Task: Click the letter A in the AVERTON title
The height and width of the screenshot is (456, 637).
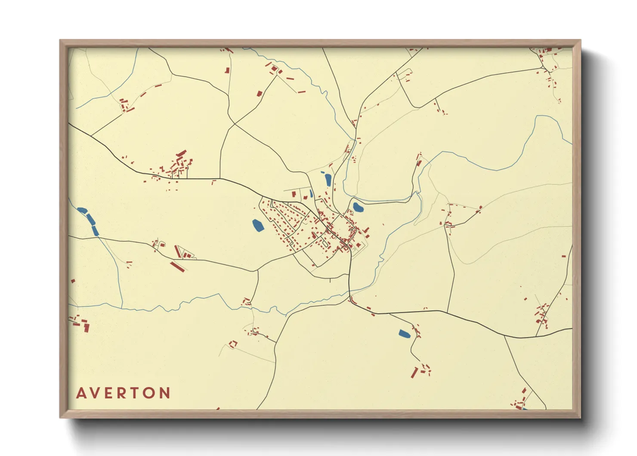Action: coord(81,393)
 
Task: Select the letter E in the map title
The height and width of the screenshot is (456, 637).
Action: coord(109,393)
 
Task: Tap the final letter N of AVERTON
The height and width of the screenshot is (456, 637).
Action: coord(165,393)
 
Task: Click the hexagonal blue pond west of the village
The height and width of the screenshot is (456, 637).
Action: coord(258,225)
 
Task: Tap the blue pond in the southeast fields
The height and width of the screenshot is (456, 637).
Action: coord(404,333)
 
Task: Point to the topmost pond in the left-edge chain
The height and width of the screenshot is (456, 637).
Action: coord(82,211)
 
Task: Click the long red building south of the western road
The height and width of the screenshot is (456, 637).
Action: coord(177,266)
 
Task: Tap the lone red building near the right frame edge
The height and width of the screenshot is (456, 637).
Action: coord(563,256)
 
